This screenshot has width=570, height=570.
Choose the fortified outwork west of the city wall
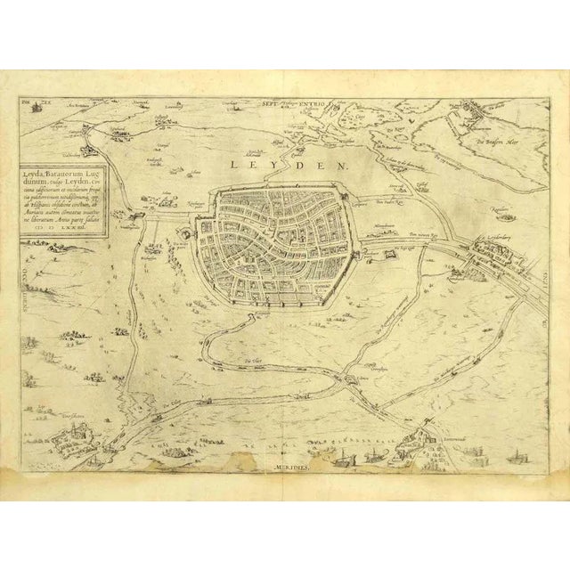[x=184, y=230]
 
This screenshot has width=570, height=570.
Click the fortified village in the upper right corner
[x=468, y=115]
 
